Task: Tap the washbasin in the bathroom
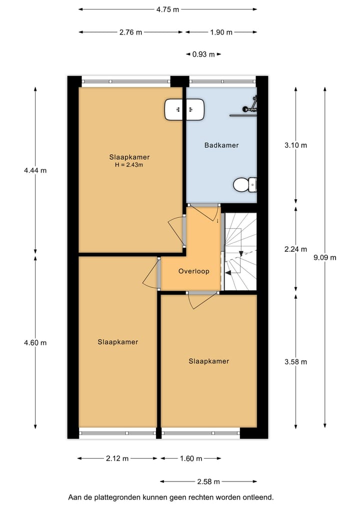184,109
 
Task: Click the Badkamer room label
221,145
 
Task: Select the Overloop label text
193,271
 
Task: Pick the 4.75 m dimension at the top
167,9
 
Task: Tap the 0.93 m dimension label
203,54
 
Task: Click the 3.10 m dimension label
295,145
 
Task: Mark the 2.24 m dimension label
295,249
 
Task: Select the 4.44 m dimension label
35,170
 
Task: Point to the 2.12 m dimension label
117,459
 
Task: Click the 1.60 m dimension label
190,459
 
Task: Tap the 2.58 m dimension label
208,482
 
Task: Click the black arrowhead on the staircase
228,273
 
